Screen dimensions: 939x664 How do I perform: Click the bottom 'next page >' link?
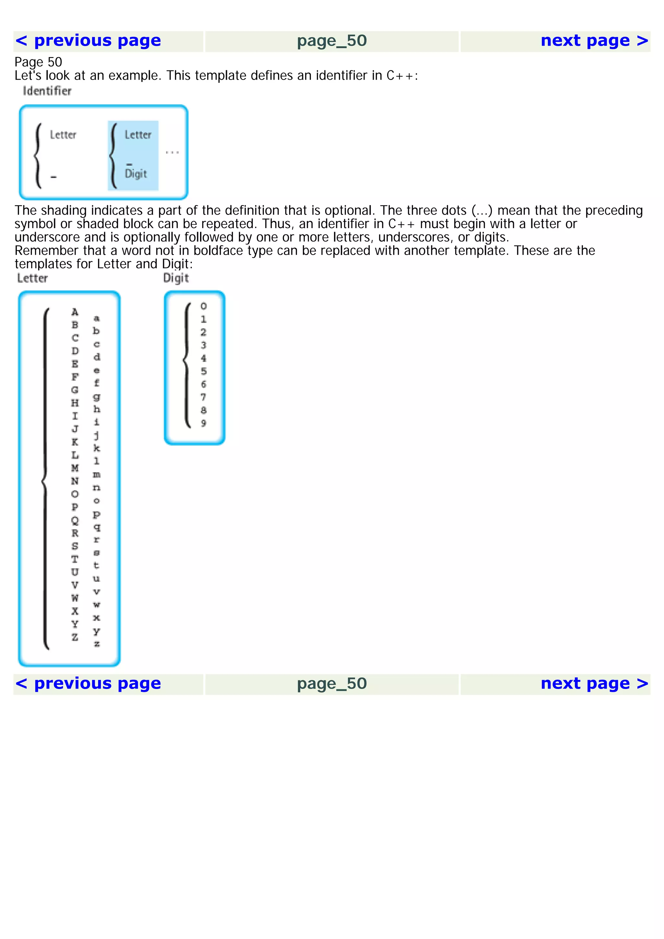(594, 683)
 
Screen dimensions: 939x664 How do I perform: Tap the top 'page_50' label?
(331, 41)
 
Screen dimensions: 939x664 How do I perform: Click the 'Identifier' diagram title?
(47, 91)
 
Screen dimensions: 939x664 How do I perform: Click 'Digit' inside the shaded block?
(136, 174)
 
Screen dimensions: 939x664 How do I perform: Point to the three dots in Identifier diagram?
(172, 152)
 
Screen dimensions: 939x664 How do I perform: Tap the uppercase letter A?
(75, 312)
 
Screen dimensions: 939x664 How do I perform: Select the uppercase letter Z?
(75, 637)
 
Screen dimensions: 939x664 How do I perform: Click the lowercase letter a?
(97, 319)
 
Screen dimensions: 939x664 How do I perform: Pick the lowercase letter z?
(97, 644)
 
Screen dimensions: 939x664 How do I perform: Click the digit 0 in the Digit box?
(203, 306)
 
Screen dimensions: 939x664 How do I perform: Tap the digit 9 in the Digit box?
(203, 423)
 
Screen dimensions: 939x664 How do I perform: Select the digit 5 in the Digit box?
(203, 371)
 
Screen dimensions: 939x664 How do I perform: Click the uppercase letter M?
(75, 468)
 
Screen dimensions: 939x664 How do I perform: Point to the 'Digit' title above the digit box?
(176, 278)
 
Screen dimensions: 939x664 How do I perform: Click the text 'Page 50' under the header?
(38, 62)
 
